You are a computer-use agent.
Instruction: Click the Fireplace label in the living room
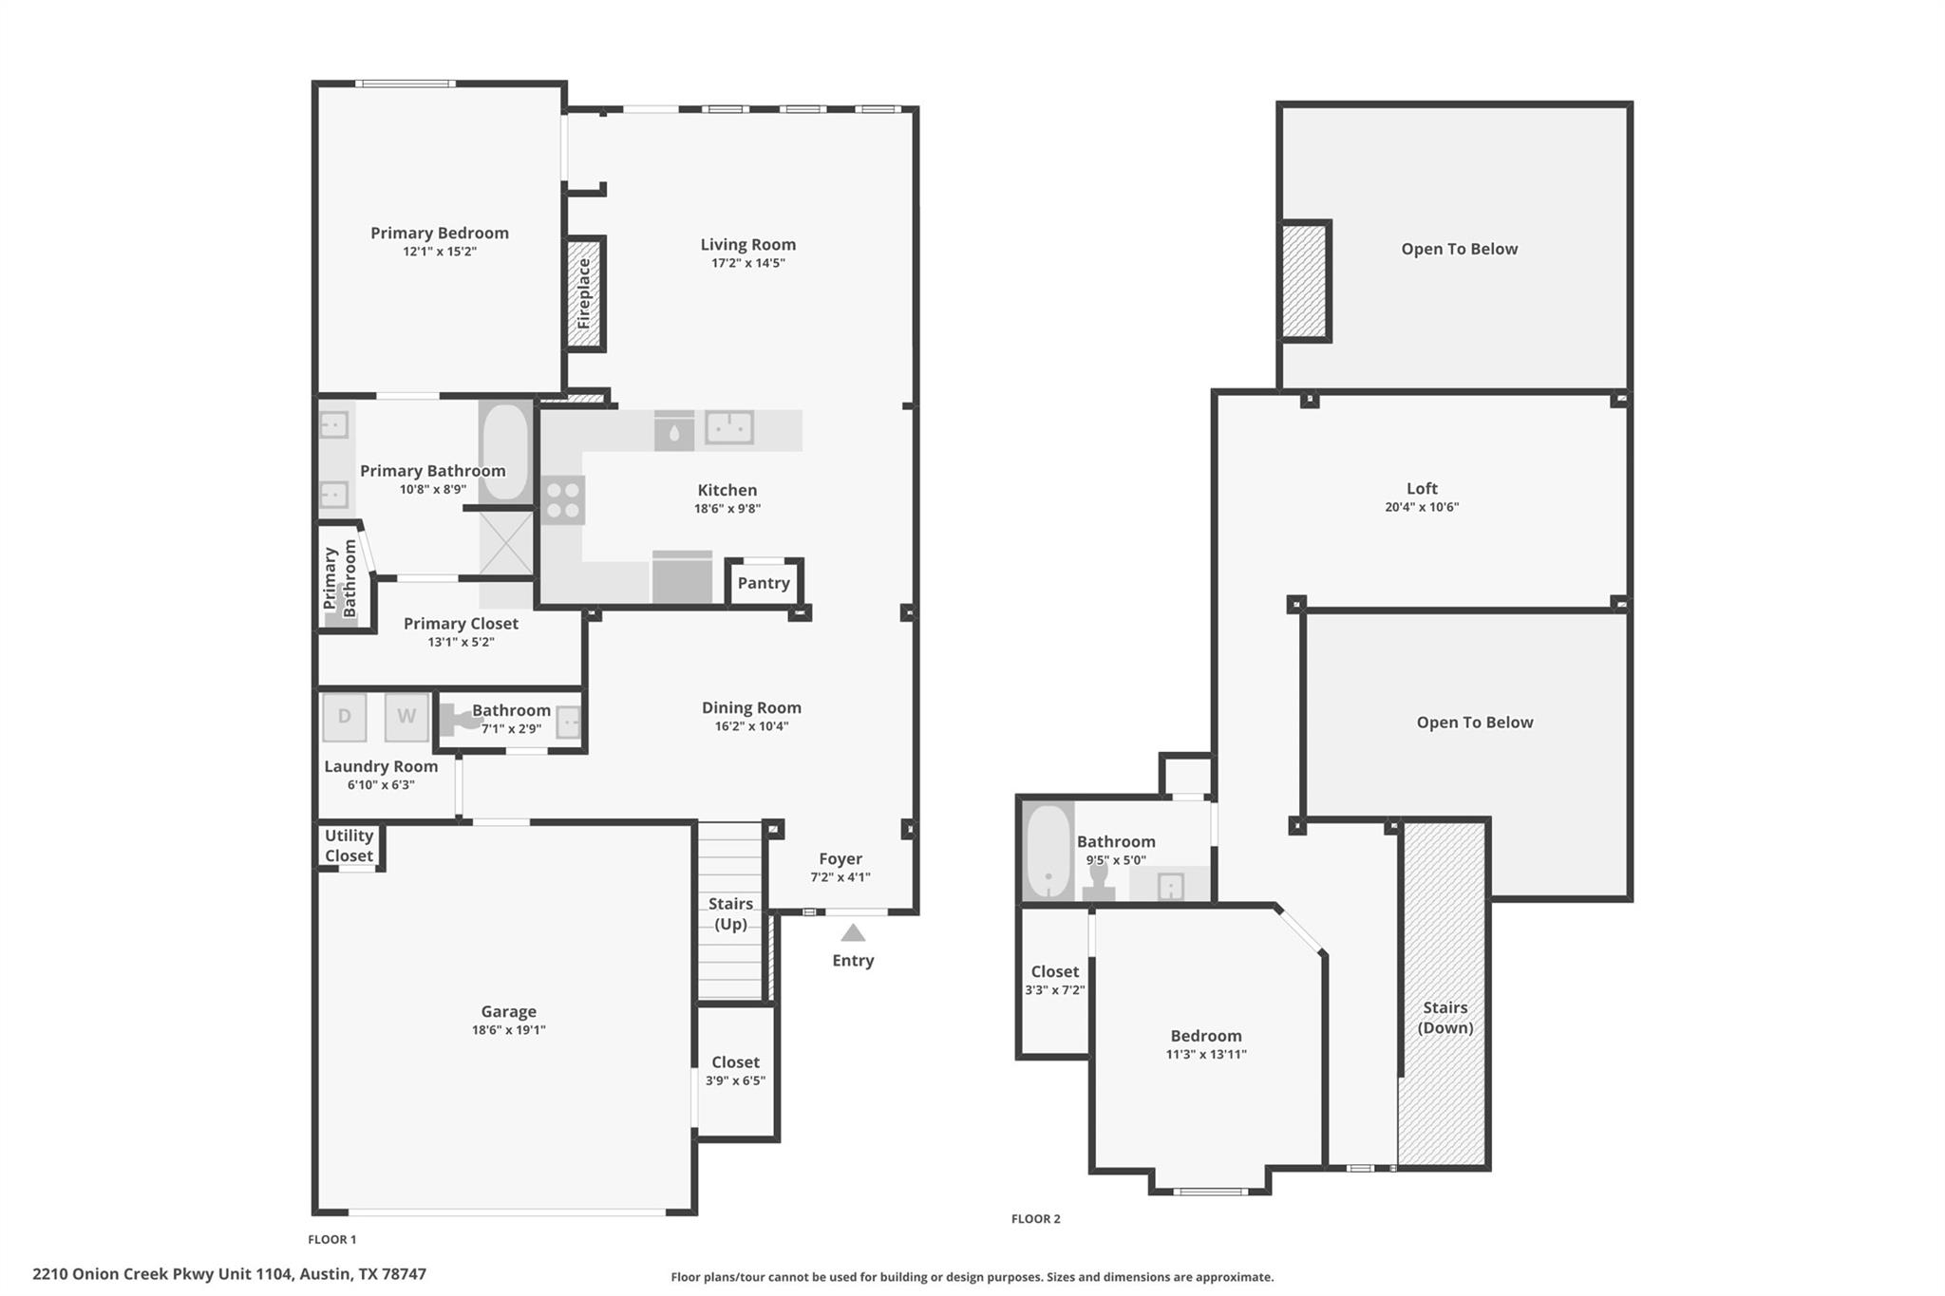tap(584, 294)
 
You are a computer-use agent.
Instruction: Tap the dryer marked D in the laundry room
tap(344, 717)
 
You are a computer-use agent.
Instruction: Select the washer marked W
tap(406, 717)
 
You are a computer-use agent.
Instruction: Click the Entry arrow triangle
tap(853, 933)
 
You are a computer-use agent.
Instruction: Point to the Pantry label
tap(764, 583)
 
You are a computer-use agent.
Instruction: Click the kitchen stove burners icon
tap(563, 500)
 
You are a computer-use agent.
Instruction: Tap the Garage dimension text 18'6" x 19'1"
tap(509, 1030)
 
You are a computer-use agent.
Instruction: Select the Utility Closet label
tap(349, 845)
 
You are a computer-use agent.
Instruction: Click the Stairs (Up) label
tap(730, 913)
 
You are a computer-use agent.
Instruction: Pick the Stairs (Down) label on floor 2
tap(1445, 1017)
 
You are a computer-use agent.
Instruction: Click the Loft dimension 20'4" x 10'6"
tap(1422, 507)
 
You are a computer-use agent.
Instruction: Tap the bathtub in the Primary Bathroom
tap(505, 452)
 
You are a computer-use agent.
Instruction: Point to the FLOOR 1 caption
tap(332, 1239)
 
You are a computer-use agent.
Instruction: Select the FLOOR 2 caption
tap(1035, 1219)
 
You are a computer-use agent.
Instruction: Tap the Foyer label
tap(840, 859)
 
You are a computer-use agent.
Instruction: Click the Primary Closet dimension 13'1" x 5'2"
tap(461, 642)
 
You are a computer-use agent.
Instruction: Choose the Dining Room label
tap(751, 707)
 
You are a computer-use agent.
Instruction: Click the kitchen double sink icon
tap(729, 427)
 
